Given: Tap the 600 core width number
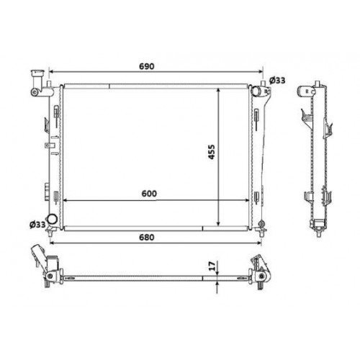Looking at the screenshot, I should (x=150, y=193).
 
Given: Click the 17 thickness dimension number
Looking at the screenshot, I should (x=210, y=266).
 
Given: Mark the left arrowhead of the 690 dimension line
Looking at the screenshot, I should (x=50, y=73).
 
